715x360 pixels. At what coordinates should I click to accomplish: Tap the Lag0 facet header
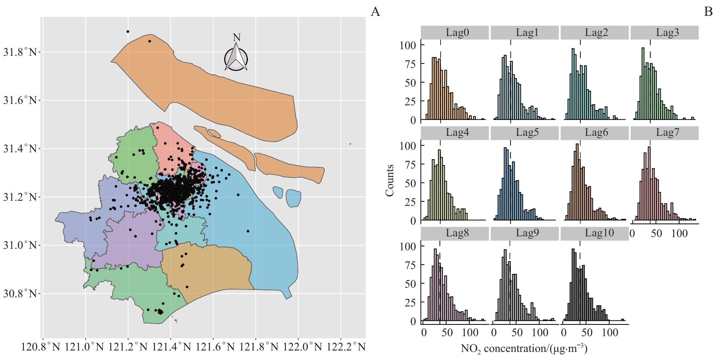[455, 32]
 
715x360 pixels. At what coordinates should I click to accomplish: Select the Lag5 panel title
[525, 132]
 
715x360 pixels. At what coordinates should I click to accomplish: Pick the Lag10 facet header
[595, 233]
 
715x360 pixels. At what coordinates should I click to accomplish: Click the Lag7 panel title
[664, 132]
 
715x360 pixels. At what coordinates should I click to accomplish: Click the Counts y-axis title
[390, 180]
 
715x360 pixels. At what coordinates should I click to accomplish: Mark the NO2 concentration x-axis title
[524, 348]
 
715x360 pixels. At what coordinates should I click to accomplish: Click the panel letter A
[375, 12]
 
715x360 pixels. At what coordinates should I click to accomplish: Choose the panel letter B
[708, 12]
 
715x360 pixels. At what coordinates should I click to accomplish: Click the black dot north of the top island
[128, 32]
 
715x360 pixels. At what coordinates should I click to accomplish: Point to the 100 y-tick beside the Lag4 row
[408, 146]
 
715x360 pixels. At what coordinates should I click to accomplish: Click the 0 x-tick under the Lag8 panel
[424, 333]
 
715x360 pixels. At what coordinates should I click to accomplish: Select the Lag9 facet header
[525, 233]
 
